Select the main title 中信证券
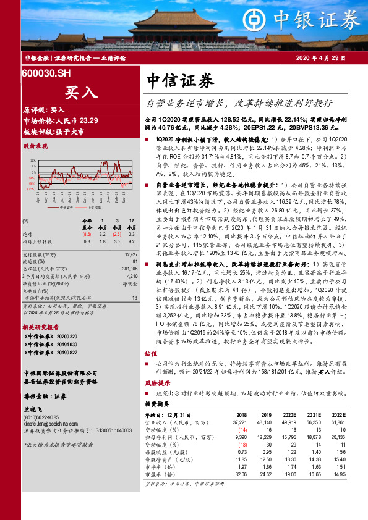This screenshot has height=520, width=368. tap(181, 80)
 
